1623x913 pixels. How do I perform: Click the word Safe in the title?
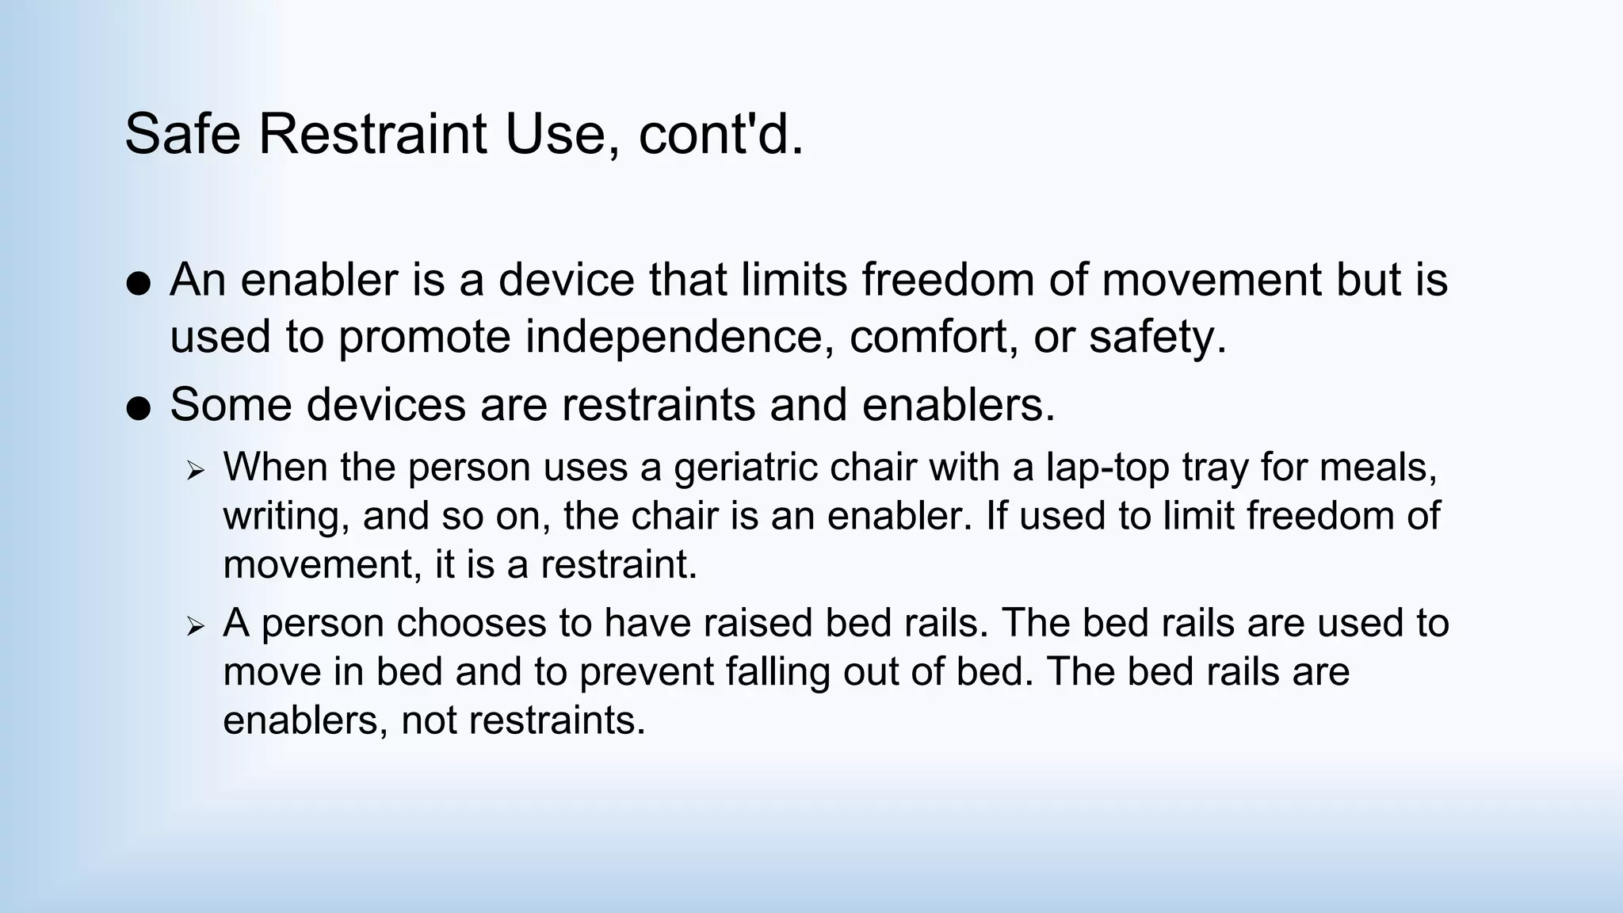tap(182, 134)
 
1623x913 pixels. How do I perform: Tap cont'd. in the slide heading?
tap(720, 134)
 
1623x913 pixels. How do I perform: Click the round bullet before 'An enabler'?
tap(139, 284)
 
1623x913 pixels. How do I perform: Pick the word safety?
tap(1157, 337)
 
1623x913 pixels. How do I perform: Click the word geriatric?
tap(745, 467)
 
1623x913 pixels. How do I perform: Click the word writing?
tap(286, 516)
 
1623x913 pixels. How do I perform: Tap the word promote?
tap(425, 337)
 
